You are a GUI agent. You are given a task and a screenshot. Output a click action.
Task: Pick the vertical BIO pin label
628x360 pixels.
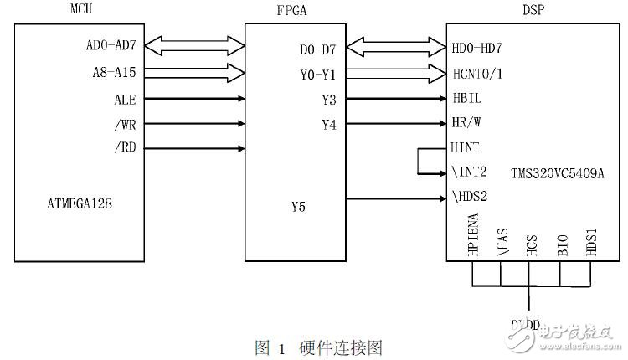(562, 245)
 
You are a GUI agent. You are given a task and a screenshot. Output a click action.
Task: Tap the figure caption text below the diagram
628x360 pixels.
(318, 347)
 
